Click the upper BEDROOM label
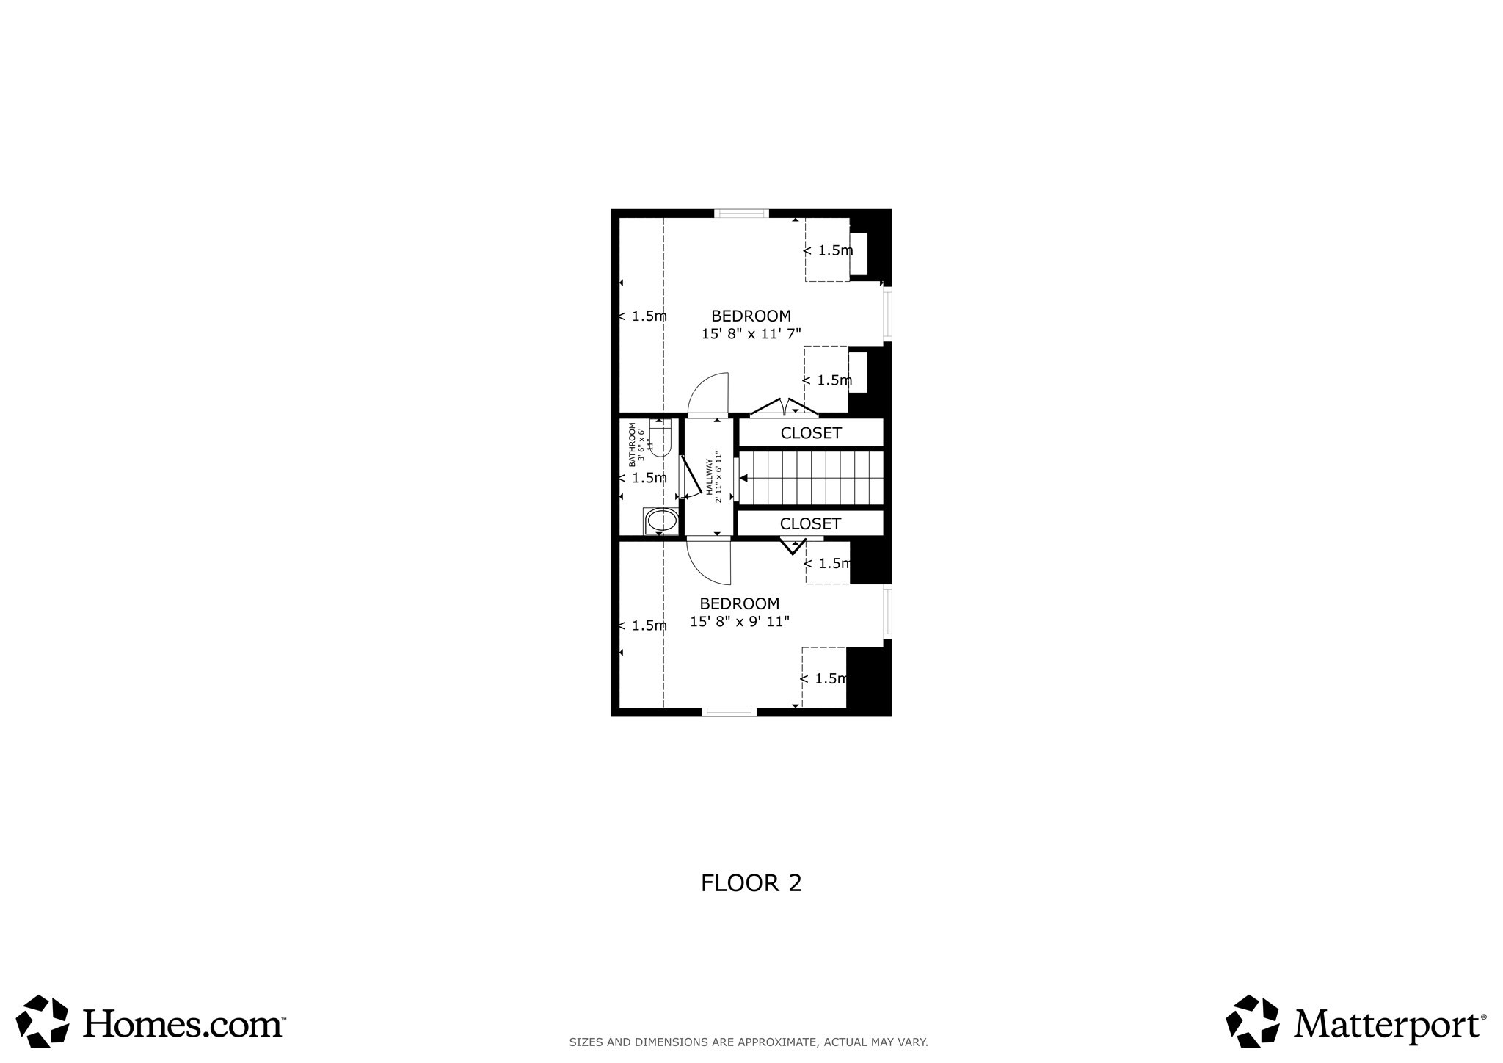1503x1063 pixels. click(x=751, y=316)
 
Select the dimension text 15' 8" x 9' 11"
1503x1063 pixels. click(x=739, y=622)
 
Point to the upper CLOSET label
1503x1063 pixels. click(x=810, y=433)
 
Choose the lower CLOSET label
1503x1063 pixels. click(x=810, y=523)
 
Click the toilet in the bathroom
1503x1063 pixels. click(x=660, y=438)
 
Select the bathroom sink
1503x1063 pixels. click(x=661, y=521)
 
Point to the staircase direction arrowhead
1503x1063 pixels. click(x=743, y=478)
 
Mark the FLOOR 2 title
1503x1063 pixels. click(x=751, y=882)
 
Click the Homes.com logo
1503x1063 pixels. click(x=150, y=1022)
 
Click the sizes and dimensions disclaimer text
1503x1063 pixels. click(x=749, y=1042)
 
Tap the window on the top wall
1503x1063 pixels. click(x=741, y=214)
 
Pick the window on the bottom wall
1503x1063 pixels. click(x=729, y=711)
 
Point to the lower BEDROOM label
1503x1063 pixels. click(x=739, y=603)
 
